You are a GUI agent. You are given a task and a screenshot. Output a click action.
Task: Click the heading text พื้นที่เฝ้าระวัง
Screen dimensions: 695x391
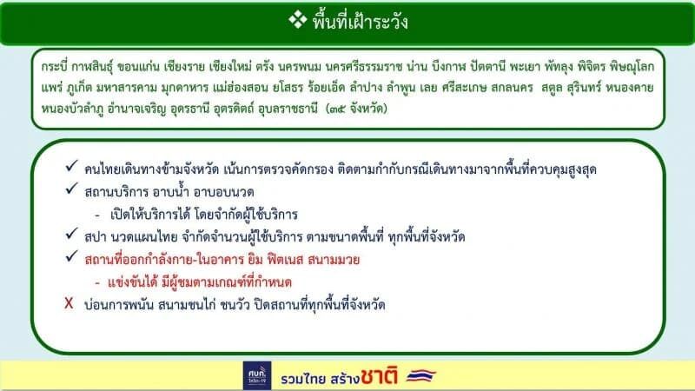pos(360,21)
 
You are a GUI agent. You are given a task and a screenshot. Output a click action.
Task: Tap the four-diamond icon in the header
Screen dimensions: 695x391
pos(297,19)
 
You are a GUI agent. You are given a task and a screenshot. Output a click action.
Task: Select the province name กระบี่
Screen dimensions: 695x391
pos(53,67)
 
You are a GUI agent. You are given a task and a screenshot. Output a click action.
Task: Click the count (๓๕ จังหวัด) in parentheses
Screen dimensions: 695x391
pos(356,109)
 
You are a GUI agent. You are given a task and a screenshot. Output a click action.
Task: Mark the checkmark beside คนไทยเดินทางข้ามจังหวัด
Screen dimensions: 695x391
pos(72,166)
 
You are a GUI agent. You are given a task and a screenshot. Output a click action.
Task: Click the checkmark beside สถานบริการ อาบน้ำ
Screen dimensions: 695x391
pos(72,189)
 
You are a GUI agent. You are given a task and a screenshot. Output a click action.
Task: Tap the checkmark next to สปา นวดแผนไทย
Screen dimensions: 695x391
pos(72,234)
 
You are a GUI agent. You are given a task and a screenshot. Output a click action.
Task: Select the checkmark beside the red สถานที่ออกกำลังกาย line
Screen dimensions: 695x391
pos(72,256)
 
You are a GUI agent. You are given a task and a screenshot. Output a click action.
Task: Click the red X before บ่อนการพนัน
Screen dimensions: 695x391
pos(69,303)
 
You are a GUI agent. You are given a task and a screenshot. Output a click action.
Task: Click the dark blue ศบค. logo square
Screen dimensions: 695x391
pos(257,375)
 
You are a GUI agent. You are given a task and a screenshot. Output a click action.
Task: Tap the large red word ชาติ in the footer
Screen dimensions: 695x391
pos(379,376)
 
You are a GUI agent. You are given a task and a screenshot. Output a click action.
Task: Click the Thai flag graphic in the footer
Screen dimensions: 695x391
pos(421,376)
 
